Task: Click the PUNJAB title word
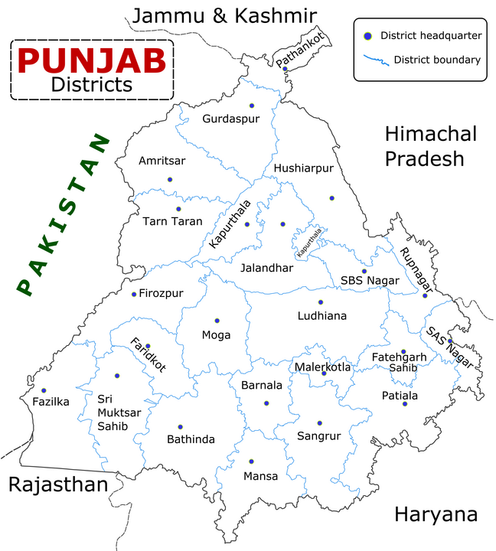coord(92,59)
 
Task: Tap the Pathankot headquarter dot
coord(285,69)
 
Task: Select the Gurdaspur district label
coord(230,119)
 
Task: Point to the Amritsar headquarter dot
coord(170,179)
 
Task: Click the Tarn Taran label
coord(172,221)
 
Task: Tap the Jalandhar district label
coord(266,268)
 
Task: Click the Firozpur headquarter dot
coord(134,294)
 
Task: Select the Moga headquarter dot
coord(217,320)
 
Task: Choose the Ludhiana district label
coord(321,315)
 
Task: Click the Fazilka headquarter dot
coord(44,390)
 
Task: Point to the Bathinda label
coord(191,439)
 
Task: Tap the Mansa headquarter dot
coord(250,461)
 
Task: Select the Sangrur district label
coord(318,437)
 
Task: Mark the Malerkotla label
coord(322,367)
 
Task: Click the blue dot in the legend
coord(367,36)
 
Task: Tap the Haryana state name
coord(436,514)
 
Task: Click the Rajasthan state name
coord(57,484)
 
